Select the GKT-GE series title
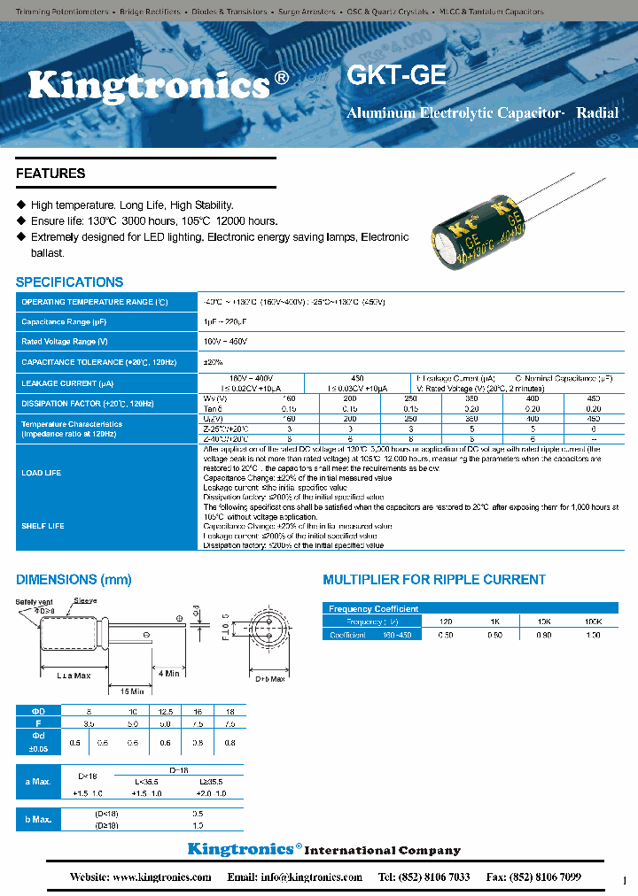coord(396,75)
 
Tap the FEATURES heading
coord(51,174)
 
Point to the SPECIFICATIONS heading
coord(70,282)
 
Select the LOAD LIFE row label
coord(42,473)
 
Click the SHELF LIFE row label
coord(43,526)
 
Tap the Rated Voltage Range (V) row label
coord(65,341)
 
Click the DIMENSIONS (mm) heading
coord(74,580)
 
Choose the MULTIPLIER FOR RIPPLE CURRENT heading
coord(433,580)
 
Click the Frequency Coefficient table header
coord(373,609)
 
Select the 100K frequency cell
coord(593,622)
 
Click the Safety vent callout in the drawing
coord(32,601)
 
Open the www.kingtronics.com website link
coord(161,877)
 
